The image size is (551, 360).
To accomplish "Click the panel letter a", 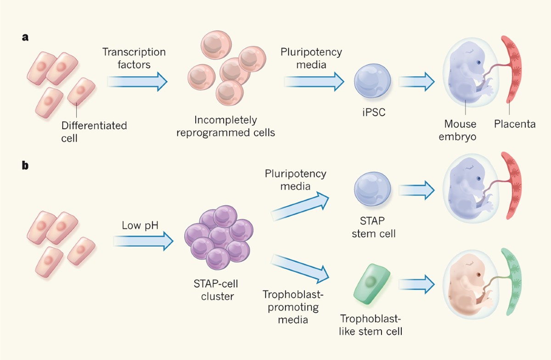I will coord(26,38).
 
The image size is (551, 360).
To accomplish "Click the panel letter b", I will coord(26,165).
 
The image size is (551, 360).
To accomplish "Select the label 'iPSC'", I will coord(372,111).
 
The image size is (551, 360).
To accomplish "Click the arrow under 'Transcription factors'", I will coord(137,82).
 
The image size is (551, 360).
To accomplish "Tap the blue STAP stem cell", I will coord(372,191).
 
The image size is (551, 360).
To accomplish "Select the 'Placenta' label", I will coord(514,124).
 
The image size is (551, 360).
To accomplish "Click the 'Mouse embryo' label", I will coord(460,130).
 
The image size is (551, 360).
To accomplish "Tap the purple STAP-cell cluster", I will coord(217,239).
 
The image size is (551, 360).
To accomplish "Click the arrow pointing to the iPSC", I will coord(314,82).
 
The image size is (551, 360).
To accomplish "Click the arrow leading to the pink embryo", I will coord(416,282).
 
